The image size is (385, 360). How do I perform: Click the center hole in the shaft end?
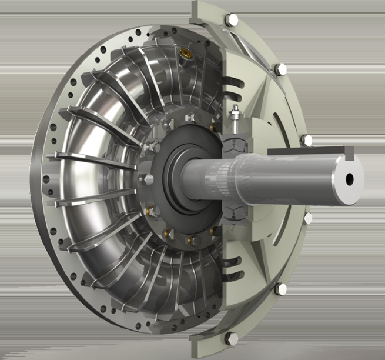pyautogui.click(x=351, y=179)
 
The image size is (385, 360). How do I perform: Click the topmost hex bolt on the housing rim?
pyautogui.click(x=231, y=19)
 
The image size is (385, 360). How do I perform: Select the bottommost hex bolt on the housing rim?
pyautogui.click(x=232, y=338)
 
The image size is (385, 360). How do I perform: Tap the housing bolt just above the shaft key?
pyautogui.click(x=306, y=140)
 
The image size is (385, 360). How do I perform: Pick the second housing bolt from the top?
pyautogui.click(x=281, y=69)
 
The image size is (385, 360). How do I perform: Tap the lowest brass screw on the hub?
pyautogui.click(x=189, y=240)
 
